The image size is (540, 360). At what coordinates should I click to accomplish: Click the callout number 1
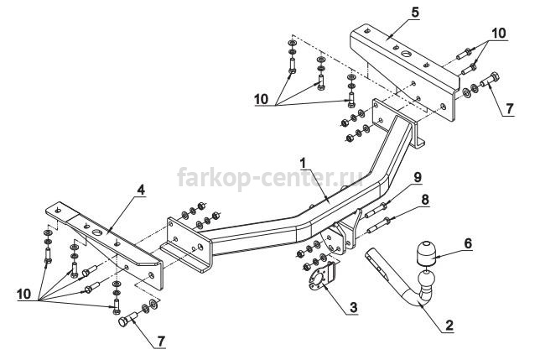[303, 163]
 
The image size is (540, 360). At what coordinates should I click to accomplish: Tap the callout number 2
[449, 326]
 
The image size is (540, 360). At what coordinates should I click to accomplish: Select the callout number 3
[353, 307]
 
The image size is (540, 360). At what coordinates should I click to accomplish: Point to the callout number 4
[141, 190]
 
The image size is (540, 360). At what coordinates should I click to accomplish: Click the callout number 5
[414, 13]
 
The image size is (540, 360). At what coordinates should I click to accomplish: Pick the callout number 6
[468, 243]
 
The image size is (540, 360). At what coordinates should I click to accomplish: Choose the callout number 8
[425, 200]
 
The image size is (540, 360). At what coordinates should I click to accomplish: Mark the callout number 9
[417, 177]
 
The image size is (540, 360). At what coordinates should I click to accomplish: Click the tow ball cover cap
[426, 253]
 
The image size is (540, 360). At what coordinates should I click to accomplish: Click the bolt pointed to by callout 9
[376, 211]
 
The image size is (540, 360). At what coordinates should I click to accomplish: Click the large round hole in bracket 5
[406, 54]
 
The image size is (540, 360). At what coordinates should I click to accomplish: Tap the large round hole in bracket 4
[98, 232]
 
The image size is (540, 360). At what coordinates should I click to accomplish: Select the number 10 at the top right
[498, 33]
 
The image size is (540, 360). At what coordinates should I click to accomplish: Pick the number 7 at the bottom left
[160, 341]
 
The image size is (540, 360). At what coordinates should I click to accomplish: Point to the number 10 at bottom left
[23, 294]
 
